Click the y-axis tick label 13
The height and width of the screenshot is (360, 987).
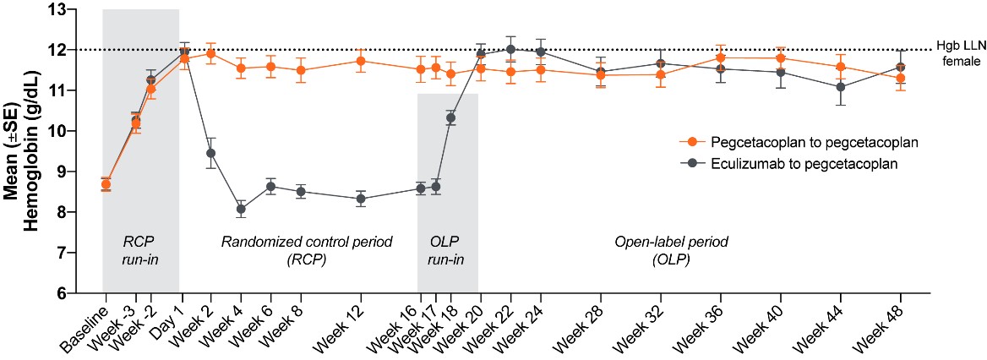pyautogui.click(x=63, y=10)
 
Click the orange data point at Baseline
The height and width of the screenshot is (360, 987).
pyautogui.click(x=106, y=184)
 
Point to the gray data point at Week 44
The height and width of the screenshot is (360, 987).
pyautogui.click(x=840, y=87)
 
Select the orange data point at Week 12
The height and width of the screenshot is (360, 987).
pyautogui.click(x=361, y=61)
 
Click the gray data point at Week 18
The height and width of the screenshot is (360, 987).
pyautogui.click(x=450, y=117)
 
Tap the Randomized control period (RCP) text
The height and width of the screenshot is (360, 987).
pyautogui.click(x=307, y=250)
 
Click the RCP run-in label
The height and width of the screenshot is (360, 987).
pyautogui.click(x=140, y=250)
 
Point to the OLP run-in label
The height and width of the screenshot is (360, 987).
pyautogui.click(x=447, y=250)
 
